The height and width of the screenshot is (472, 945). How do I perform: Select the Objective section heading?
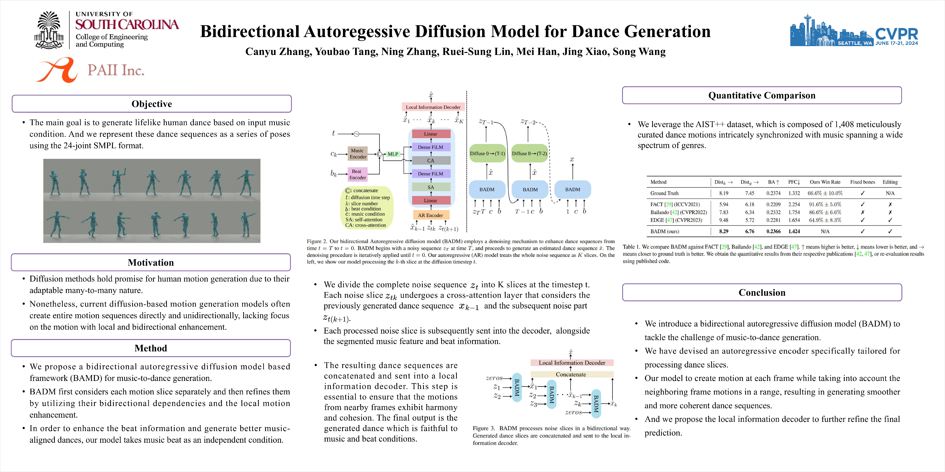[x=152, y=104]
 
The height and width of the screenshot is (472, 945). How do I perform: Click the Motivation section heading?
[x=151, y=262]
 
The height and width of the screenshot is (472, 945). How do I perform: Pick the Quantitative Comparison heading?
[x=762, y=95]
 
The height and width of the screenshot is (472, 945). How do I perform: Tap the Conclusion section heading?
[x=762, y=292]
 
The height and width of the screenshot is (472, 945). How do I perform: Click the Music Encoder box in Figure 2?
[x=357, y=154]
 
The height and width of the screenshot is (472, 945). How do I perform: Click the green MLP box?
[x=393, y=154]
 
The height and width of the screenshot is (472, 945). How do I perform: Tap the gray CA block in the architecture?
[x=431, y=161]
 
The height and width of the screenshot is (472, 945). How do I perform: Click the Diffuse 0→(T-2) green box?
[x=529, y=154]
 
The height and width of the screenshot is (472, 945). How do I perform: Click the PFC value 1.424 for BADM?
[x=794, y=231]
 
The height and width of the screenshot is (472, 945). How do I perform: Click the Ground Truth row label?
[x=664, y=193]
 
